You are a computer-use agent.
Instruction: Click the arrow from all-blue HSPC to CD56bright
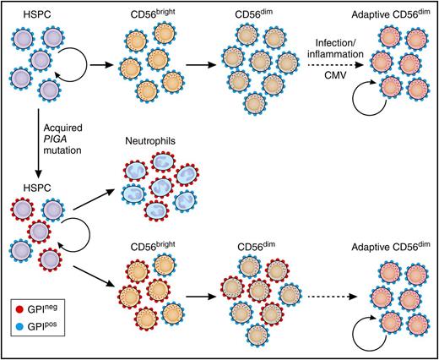click(x=100, y=61)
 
